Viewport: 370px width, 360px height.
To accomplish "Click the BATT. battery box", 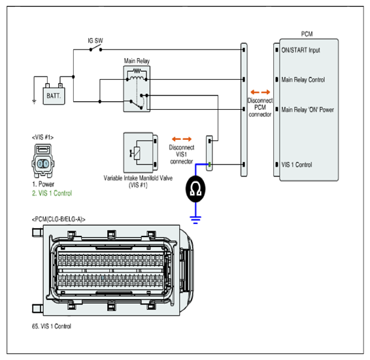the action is tap(54, 96).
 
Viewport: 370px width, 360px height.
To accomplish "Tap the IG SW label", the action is tap(95, 41).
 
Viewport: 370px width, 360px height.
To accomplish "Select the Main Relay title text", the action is tap(137, 61).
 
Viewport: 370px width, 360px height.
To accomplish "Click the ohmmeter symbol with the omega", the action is tap(195, 189).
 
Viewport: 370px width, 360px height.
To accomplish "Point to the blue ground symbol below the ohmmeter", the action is tap(195, 220).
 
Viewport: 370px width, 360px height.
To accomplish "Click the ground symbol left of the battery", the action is tap(34, 102).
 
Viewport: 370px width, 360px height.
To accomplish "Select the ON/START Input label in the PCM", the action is tap(301, 50).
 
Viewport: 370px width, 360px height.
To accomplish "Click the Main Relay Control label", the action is tap(303, 80).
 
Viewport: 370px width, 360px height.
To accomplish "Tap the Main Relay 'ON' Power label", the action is tap(307, 110).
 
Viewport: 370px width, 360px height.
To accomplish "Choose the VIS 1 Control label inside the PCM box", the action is tap(297, 165).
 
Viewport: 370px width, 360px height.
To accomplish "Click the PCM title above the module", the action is tap(307, 34).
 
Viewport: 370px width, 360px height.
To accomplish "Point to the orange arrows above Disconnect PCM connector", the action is tap(260, 92).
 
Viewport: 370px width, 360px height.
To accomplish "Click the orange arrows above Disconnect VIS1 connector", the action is tap(182, 139).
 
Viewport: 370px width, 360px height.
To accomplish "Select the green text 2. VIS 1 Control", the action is tap(52, 193).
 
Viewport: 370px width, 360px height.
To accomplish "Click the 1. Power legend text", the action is tap(43, 184).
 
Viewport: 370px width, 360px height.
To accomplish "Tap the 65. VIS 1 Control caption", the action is tap(52, 326).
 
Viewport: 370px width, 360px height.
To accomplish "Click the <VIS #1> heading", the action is tap(42, 137).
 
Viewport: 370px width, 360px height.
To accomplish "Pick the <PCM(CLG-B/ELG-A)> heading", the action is tap(59, 220).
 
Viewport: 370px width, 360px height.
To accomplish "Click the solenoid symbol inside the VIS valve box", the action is tap(136, 154).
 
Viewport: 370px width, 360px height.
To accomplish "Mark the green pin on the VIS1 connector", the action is tap(209, 165).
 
